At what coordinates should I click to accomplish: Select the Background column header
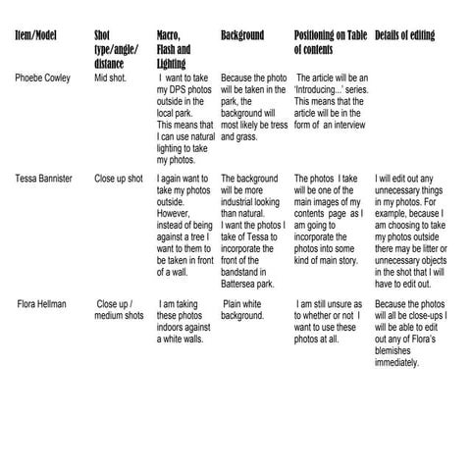point(241,35)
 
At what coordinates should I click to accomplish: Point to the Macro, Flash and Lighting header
point(174,48)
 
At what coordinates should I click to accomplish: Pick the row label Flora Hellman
point(42,304)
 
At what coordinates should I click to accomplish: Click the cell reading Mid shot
point(111,78)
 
